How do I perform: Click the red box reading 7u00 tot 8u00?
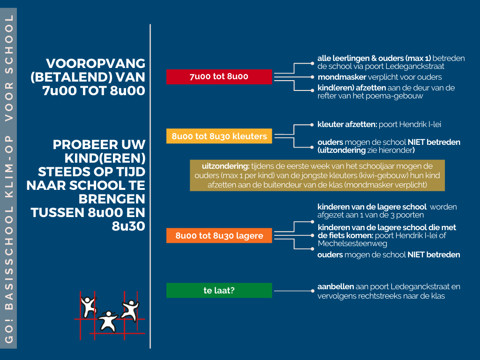pos(219,76)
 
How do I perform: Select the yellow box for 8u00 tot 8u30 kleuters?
pos(219,136)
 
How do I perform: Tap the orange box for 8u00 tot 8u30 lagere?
pos(219,235)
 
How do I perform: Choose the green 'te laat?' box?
pos(219,290)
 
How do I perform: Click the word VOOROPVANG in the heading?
pos(96,63)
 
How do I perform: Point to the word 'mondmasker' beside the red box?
pos(342,77)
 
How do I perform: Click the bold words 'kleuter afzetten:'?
pos(347,124)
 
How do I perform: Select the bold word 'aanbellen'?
pos(336,286)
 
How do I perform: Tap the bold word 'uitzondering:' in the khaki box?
pos(225,166)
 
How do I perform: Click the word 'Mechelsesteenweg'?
pos(352,243)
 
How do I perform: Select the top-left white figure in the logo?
pos(89,306)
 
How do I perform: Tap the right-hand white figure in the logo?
pos(131,310)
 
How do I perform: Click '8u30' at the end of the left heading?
pos(128,226)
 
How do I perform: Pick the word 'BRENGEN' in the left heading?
pos(112,199)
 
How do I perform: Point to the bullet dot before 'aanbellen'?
pos(312,291)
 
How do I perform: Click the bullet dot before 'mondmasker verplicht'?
pos(312,77)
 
